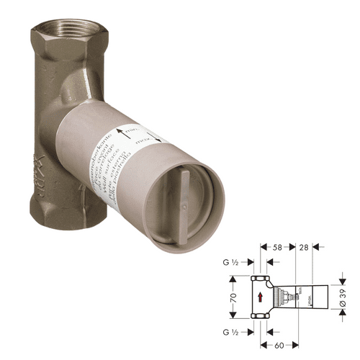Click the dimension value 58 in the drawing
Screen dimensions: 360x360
[x=278, y=248]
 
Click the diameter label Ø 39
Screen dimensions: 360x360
[x=344, y=295]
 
